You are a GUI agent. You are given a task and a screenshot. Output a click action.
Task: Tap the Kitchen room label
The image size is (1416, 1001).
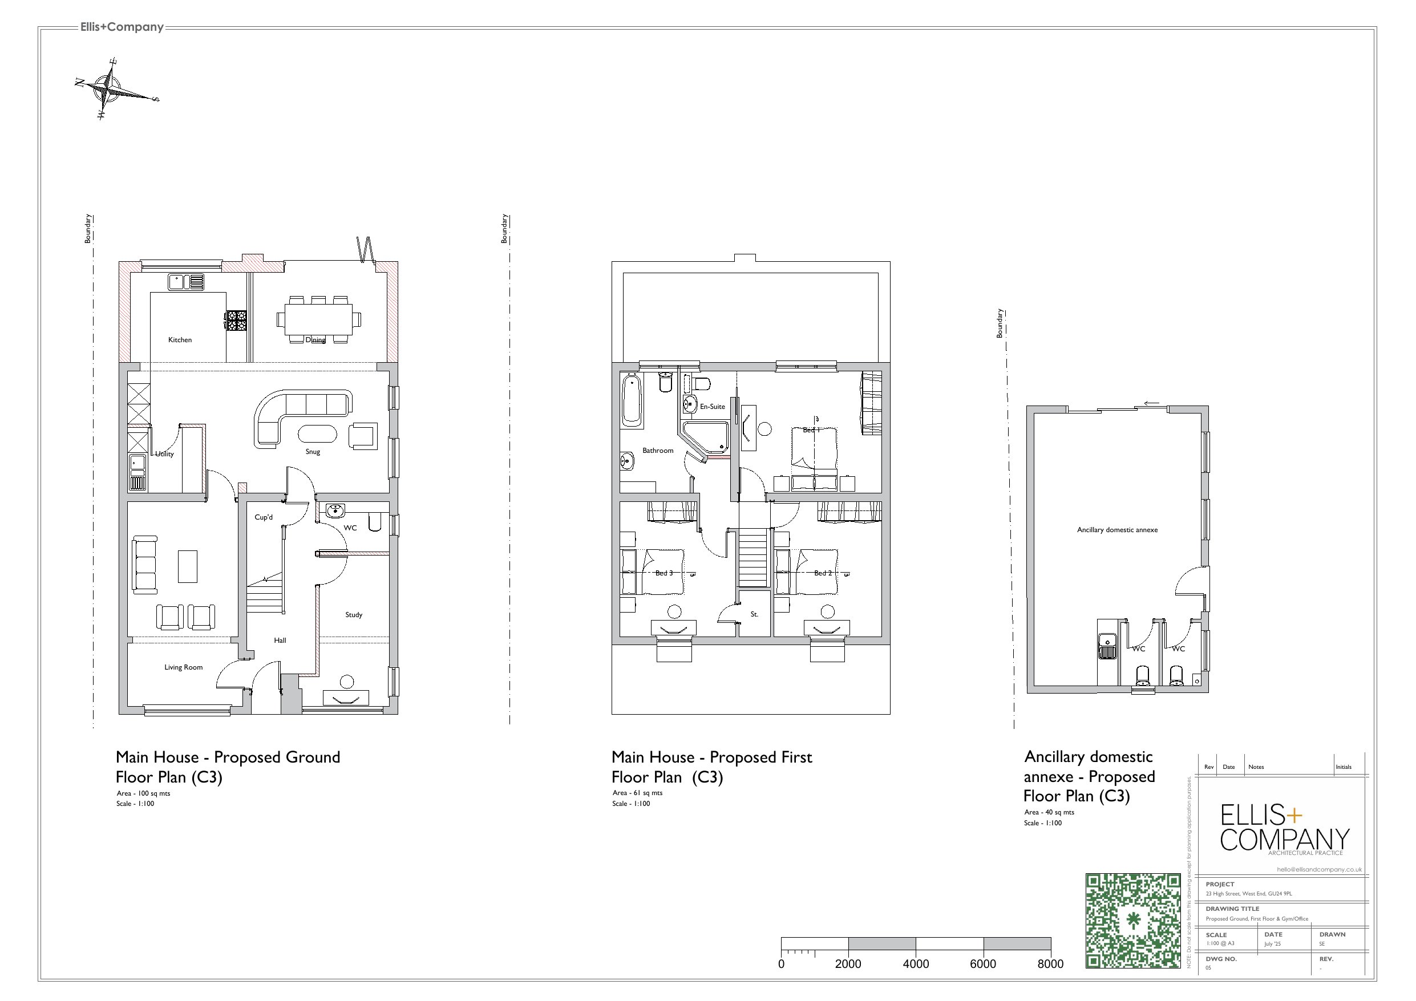coord(180,340)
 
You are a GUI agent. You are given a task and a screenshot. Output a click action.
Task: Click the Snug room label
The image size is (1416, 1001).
coord(313,452)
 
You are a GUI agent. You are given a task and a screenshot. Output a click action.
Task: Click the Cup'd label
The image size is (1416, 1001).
coord(264,517)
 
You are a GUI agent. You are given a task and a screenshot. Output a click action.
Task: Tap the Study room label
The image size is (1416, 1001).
coord(353,614)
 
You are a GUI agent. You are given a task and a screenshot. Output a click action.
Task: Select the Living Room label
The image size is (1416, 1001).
coord(183,667)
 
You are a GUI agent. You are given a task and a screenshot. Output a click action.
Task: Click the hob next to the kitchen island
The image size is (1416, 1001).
coord(237,320)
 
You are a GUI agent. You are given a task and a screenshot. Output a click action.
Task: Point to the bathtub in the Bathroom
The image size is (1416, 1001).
coord(632,401)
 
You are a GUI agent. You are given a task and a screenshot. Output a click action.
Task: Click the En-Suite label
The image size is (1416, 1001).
coord(713,407)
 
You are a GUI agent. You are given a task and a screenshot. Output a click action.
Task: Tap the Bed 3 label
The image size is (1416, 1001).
coord(664,573)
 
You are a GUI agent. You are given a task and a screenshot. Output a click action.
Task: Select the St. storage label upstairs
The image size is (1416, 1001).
coord(754,614)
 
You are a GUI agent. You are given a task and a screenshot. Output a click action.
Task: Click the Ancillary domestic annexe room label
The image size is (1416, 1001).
coord(1117,530)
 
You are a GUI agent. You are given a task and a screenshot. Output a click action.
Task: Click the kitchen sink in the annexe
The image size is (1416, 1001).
coord(1107,646)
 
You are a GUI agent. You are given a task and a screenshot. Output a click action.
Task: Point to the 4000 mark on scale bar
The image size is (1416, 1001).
coord(916,964)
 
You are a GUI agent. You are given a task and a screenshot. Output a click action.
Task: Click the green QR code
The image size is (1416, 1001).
coord(1133,921)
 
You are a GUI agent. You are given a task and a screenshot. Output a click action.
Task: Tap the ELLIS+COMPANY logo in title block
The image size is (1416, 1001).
coord(1285,829)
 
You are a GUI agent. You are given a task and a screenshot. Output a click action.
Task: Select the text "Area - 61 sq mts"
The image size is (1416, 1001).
coord(637,793)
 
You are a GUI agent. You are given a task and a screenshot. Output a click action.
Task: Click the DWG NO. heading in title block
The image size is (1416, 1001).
coord(1221,959)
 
